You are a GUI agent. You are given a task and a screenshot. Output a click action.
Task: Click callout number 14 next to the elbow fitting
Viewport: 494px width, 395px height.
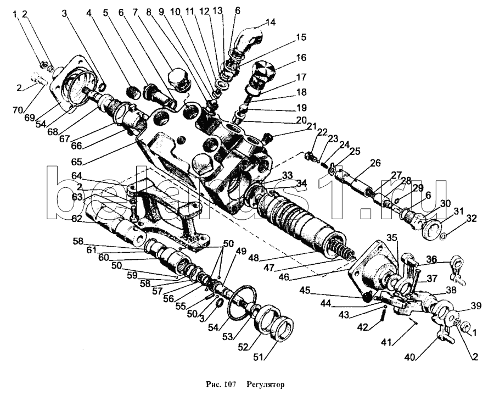[271, 23]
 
